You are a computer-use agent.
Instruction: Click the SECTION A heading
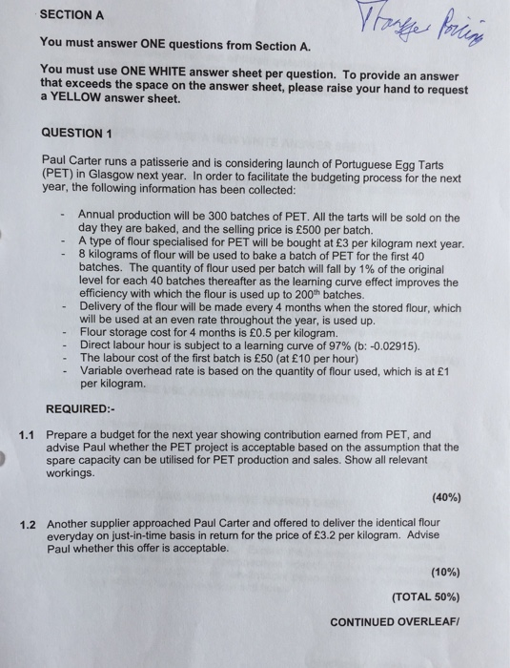pos(72,17)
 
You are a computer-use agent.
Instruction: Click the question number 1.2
pos(28,524)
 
